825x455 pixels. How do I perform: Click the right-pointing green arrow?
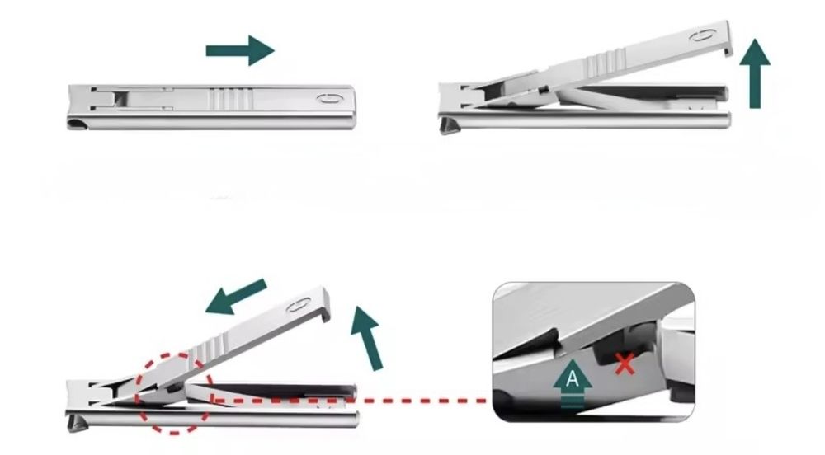pos(240,50)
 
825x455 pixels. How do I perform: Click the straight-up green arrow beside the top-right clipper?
pos(755,73)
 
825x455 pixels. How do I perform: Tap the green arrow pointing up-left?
pos(235,297)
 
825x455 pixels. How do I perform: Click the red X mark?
pos(625,364)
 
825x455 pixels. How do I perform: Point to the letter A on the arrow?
pos(573,378)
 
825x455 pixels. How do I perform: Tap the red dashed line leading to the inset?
pos(350,401)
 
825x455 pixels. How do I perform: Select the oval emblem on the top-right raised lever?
pos(702,35)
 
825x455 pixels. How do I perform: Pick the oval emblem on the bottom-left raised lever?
pos(299,305)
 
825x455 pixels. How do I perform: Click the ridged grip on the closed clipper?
pos(230,98)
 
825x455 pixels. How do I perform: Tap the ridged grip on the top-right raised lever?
pos(606,61)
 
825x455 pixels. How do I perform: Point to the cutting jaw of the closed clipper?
pos(78,124)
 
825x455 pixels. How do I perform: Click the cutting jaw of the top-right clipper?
pos(449,125)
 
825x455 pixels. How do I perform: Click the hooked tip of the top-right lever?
pos(728,50)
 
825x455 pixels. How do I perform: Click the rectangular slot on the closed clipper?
pos(121,98)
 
